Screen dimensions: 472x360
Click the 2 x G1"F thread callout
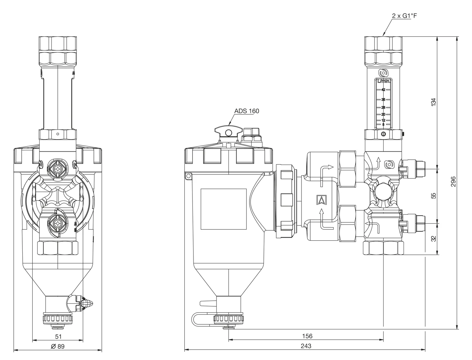404,16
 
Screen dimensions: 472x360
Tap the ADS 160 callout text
247,111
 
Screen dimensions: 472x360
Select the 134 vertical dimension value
434,102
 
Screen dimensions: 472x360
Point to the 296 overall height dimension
453,182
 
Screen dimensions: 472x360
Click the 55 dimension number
434,196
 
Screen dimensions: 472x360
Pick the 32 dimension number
434,239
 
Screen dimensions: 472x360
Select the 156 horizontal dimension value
307,336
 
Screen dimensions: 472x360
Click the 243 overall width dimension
306,346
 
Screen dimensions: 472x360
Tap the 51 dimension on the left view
58,337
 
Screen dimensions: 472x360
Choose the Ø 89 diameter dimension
58,346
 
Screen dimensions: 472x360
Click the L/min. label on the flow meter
384,81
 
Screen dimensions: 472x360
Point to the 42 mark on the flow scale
383,90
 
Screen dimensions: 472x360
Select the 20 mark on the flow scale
383,114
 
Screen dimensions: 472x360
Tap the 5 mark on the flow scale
383,125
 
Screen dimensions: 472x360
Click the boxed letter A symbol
322,200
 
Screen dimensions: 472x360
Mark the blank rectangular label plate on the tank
223,209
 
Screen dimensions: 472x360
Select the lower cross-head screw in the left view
58,223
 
